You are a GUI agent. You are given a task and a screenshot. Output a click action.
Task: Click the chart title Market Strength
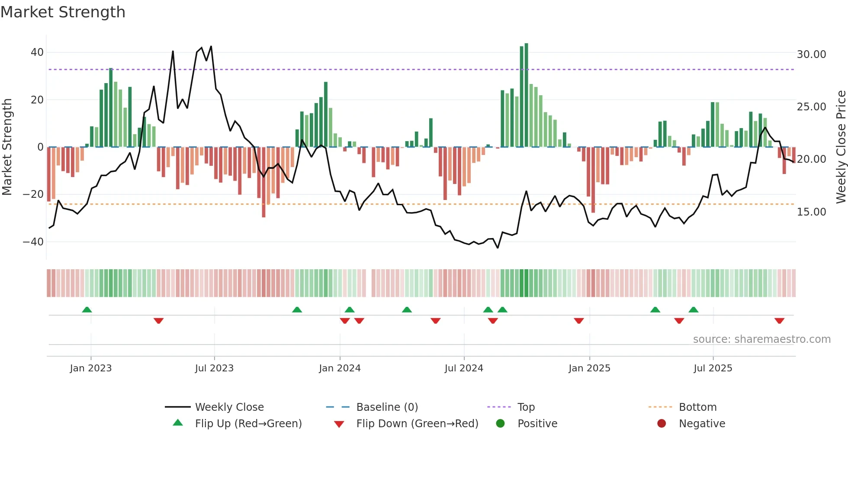63,12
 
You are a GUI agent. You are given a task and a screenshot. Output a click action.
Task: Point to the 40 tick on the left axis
37,52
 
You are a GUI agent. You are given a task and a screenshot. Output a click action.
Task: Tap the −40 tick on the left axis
33,242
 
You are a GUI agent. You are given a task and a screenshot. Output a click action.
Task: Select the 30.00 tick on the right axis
811,55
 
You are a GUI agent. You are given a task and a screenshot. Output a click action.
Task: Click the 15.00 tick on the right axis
811,212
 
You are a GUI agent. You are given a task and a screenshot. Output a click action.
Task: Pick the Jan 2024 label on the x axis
340,368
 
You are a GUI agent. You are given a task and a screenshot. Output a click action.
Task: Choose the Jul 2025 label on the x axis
713,368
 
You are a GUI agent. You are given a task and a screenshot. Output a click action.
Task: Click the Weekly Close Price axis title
841,147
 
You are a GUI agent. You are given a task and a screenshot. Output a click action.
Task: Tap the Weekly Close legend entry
229,407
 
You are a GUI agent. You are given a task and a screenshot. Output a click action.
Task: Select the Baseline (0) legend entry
387,407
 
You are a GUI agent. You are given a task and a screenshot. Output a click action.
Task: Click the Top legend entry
526,407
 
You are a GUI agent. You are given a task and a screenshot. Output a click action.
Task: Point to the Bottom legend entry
697,407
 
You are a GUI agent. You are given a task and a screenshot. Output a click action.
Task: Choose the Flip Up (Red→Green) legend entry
248,424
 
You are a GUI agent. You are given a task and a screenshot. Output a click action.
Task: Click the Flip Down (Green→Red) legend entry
417,424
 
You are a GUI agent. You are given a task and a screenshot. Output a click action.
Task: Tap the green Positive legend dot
501,424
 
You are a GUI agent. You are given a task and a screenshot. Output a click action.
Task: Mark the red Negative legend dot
662,424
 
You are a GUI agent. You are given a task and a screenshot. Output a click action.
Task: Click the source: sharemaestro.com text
761,339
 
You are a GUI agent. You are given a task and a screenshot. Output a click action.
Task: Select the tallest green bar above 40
526,95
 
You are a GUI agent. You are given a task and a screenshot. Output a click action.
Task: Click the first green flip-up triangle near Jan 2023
87,310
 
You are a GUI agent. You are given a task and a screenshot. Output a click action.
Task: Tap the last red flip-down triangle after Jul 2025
779,321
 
